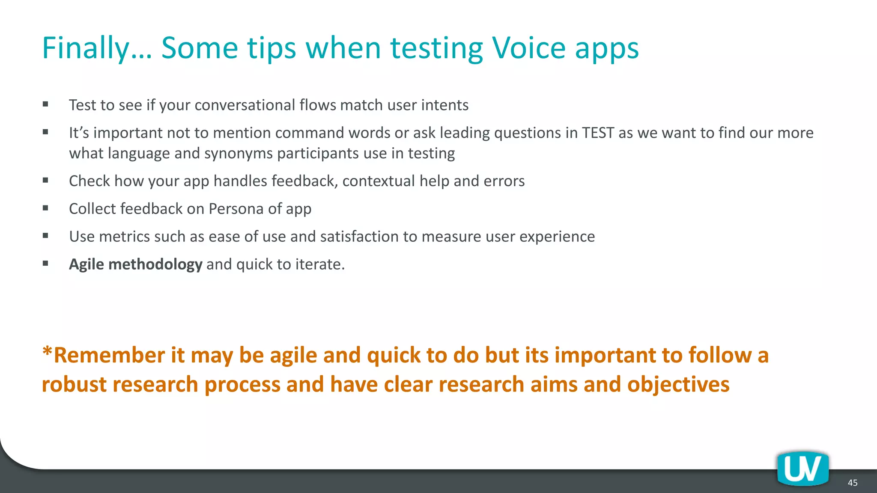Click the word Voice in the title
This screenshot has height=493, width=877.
click(x=529, y=48)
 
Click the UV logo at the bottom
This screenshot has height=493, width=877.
click(x=803, y=469)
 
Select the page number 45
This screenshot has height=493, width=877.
click(x=853, y=483)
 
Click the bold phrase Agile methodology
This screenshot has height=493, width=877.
click(x=135, y=264)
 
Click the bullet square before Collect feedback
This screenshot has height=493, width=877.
click(x=45, y=208)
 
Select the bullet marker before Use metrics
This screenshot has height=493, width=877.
click(x=45, y=236)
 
